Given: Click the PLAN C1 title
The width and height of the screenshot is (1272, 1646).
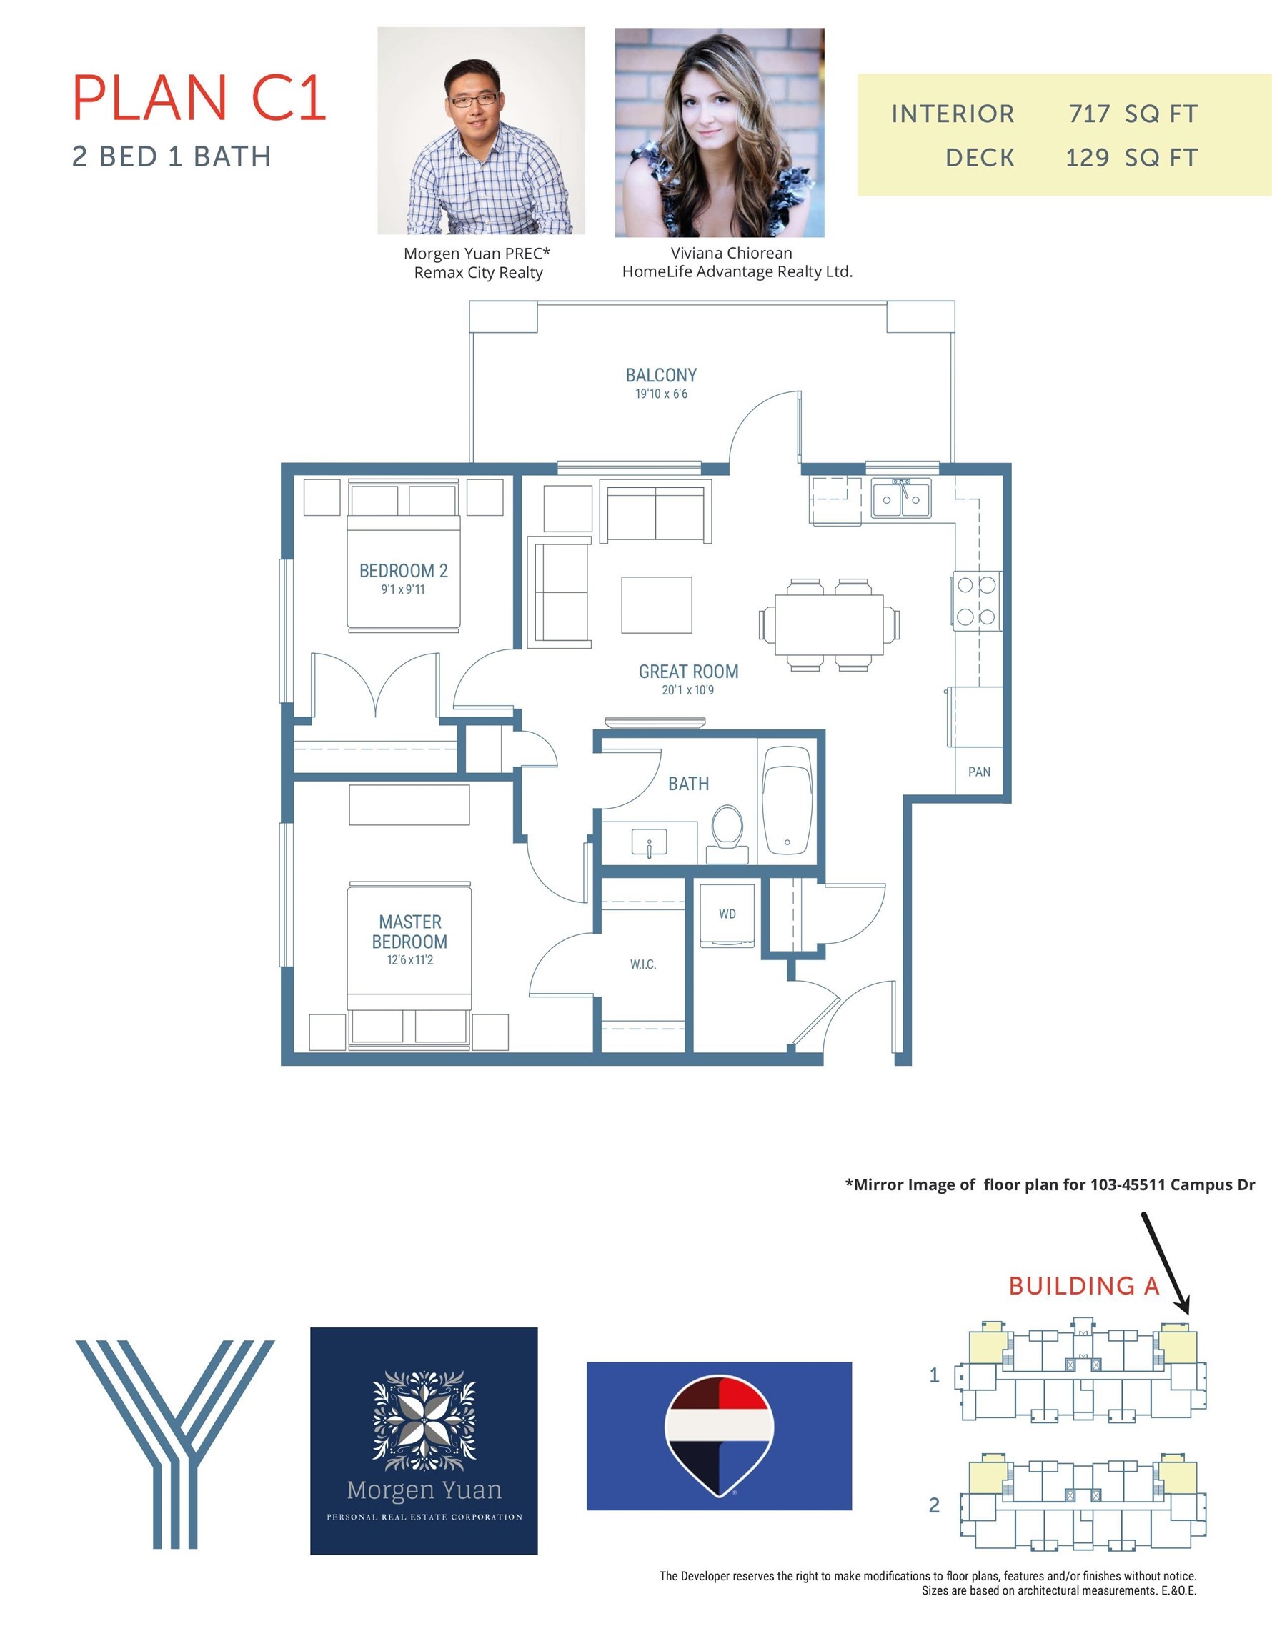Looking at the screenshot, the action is click(x=199, y=98).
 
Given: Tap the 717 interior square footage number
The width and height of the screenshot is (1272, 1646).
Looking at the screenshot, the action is click(x=1089, y=114).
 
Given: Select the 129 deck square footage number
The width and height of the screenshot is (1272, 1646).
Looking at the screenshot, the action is click(x=1087, y=157).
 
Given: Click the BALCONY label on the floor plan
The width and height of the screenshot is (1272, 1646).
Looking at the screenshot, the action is click(x=661, y=375).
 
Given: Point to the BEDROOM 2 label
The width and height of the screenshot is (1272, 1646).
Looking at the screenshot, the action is click(x=403, y=571).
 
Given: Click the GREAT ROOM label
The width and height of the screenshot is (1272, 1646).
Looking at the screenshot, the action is click(x=688, y=672).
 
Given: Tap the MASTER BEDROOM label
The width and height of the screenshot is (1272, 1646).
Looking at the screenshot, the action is click(x=409, y=932).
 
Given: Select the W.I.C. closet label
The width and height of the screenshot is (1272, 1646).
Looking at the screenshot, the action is click(x=643, y=964).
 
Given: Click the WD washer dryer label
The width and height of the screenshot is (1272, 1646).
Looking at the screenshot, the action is click(x=727, y=914).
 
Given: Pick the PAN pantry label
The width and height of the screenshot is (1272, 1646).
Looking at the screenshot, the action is click(x=979, y=772).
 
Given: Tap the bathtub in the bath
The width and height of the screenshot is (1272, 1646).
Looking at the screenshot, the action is click(x=787, y=800).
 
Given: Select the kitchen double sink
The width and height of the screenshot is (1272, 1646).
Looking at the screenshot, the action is click(x=901, y=498).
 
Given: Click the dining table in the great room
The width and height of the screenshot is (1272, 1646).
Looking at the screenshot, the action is click(x=830, y=624).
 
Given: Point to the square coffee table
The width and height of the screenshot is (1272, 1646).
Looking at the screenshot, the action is click(x=657, y=605).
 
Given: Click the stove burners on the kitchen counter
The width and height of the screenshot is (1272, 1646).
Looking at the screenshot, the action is click(x=976, y=601).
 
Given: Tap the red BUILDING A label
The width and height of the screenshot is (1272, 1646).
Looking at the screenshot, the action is click(x=1083, y=1286).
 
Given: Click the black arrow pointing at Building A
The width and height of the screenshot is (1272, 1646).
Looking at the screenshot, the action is click(x=1166, y=1263).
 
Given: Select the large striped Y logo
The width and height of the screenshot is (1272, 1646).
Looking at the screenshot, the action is click(x=175, y=1444).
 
